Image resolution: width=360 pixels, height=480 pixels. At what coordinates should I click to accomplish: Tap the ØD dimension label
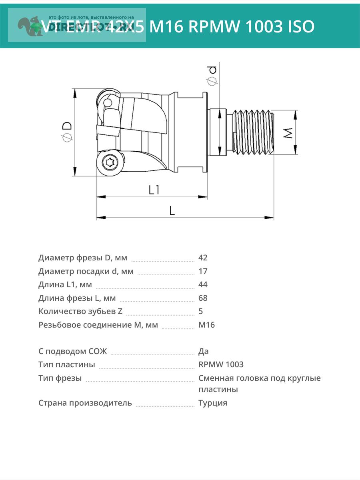pyautogui.click(x=67, y=132)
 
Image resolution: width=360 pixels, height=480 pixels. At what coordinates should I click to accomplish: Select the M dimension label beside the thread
pyautogui.click(x=288, y=132)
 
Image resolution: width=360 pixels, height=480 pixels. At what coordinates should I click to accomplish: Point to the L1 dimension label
pyautogui.click(x=154, y=189)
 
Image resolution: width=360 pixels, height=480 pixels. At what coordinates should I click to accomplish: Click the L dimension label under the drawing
pyautogui.click(x=172, y=210)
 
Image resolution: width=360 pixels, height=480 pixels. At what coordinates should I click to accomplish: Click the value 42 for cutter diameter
pyautogui.click(x=203, y=258)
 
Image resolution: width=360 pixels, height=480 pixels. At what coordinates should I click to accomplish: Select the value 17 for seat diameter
pyautogui.click(x=203, y=271)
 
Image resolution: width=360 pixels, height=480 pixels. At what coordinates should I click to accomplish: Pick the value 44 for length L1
pyautogui.click(x=203, y=284)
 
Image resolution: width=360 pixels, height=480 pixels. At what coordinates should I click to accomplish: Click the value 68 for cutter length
pyautogui.click(x=203, y=298)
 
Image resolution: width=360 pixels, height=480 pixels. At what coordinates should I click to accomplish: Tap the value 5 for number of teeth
pyautogui.click(x=200, y=311)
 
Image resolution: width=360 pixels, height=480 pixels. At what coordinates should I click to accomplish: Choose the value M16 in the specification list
pyautogui.click(x=206, y=325)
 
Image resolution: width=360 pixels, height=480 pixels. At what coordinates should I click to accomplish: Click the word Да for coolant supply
pyautogui.click(x=203, y=351)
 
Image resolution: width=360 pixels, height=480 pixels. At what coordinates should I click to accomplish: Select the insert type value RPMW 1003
pyautogui.click(x=221, y=364)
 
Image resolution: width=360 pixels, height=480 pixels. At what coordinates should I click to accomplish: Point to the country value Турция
pyautogui.click(x=212, y=403)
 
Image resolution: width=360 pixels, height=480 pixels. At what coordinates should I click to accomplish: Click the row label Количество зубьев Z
pyautogui.click(x=80, y=311)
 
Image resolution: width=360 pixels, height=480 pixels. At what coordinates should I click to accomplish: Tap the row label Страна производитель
pyautogui.click(x=85, y=403)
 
